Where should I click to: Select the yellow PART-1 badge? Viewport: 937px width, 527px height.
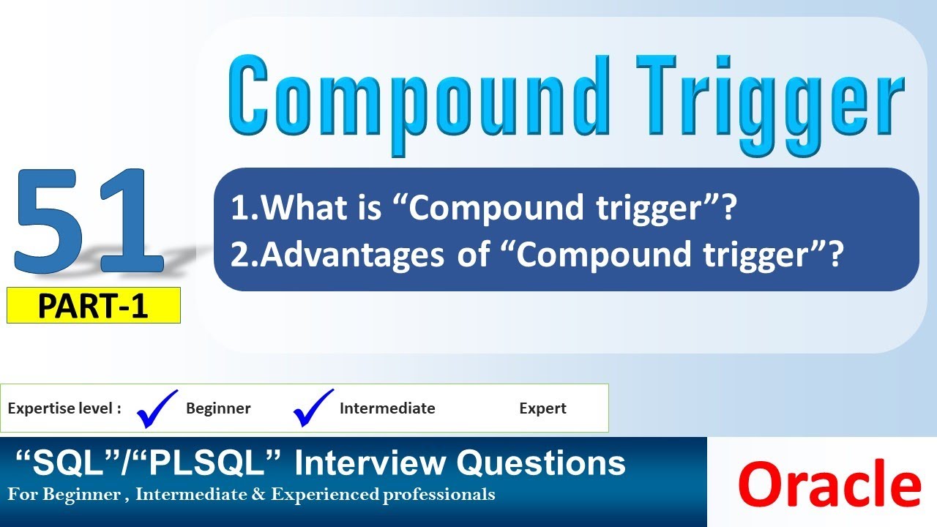(x=93, y=306)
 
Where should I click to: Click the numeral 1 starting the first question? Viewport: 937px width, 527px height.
(x=239, y=209)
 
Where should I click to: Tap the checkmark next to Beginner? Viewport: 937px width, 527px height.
(x=157, y=407)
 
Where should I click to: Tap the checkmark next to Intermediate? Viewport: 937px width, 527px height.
(x=313, y=407)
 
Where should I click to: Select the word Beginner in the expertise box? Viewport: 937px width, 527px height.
(x=218, y=408)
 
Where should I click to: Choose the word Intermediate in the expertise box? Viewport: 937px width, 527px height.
(x=387, y=408)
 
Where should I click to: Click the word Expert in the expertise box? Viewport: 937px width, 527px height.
(x=542, y=408)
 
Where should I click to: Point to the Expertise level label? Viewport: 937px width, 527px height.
(x=64, y=408)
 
